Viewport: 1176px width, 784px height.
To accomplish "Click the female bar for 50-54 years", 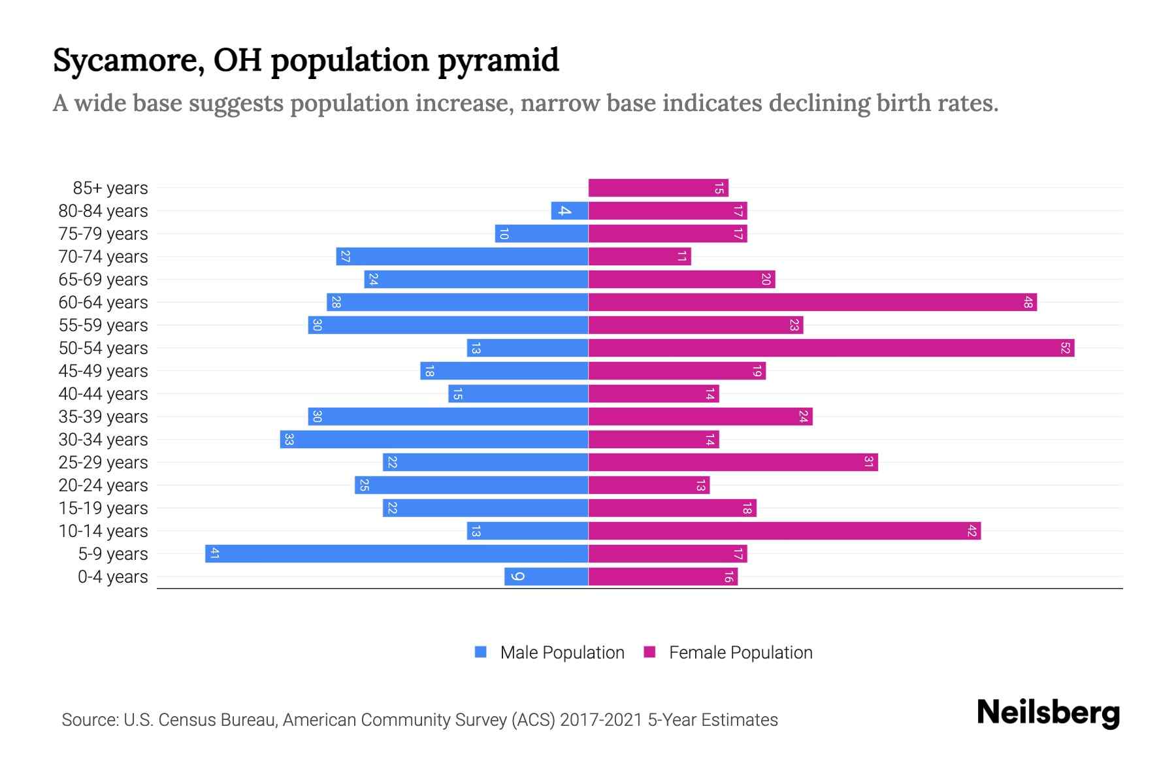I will (831, 348).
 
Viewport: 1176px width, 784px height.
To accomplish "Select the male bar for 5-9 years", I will (397, 554).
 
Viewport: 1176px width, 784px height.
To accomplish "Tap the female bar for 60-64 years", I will (812, 302).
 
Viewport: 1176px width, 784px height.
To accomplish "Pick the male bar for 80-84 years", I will (570, 211).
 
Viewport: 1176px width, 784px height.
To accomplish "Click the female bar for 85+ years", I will (658, 188).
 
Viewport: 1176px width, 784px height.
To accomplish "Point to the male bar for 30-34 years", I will (434, 440).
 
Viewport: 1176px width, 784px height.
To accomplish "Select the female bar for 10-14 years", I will (784, 531).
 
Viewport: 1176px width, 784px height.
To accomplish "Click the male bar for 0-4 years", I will (546, 577).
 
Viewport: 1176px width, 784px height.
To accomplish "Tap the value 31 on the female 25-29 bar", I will (868, 463).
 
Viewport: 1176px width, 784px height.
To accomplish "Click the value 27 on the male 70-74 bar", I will (346, 257).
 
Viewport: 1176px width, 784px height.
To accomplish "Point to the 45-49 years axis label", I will (103, 371).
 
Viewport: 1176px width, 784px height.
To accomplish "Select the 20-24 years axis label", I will (103, 485).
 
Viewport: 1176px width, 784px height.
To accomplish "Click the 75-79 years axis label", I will (103, 234).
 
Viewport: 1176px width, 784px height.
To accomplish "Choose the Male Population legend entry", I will (562, 653).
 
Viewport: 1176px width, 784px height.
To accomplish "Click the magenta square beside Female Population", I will (649, 652).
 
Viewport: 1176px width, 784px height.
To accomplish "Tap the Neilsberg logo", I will (1048, 713).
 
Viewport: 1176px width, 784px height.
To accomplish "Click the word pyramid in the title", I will (498, 61).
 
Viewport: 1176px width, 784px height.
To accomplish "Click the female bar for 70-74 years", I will (639, 257).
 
